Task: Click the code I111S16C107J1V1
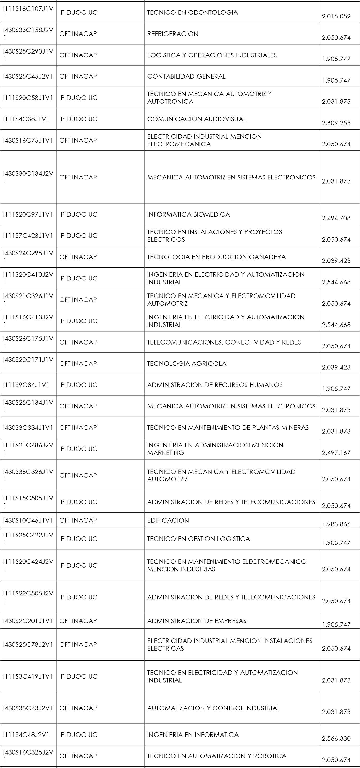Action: [28, 12]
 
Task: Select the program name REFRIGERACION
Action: [173, 34]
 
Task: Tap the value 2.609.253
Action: [336, 123]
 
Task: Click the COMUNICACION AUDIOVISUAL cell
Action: [197, 119]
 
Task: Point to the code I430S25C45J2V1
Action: [28, 76]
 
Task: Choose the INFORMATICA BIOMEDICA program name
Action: [188, 214]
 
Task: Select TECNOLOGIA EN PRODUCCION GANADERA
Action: [216, 257]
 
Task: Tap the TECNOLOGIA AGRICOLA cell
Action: [187, 363]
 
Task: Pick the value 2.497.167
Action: [336, 452]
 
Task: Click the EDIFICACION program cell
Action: [168, 520]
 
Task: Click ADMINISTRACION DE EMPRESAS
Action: [197, 621]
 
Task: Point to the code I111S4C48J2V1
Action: [26, 735]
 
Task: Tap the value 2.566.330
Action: [336, 738]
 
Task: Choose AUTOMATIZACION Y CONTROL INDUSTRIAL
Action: [214, 708]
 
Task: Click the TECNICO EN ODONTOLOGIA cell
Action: [193, 12]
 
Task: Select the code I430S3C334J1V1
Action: [28, 428]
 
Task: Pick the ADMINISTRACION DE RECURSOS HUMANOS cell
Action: [215, 385]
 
